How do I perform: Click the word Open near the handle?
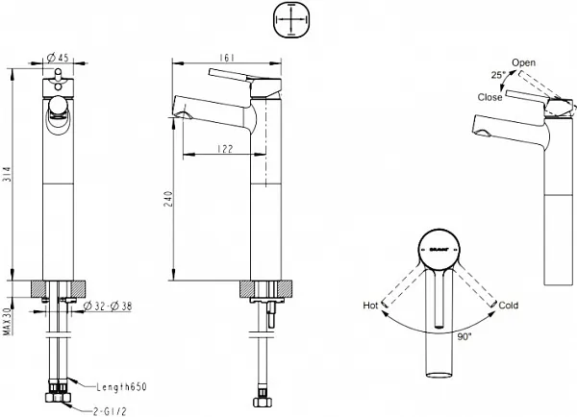[x=524, y=63]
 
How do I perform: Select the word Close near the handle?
[x=490, y=97]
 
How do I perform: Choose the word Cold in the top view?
[x=509, y=305]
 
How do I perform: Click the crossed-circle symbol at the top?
[x=290, y=20]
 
